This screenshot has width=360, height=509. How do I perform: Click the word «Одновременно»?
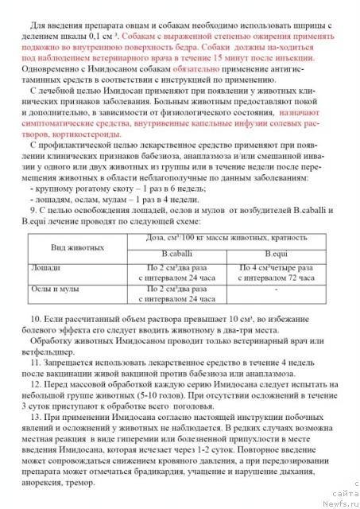click(49, 71)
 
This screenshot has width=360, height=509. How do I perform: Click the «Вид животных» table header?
click(72, 247)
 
